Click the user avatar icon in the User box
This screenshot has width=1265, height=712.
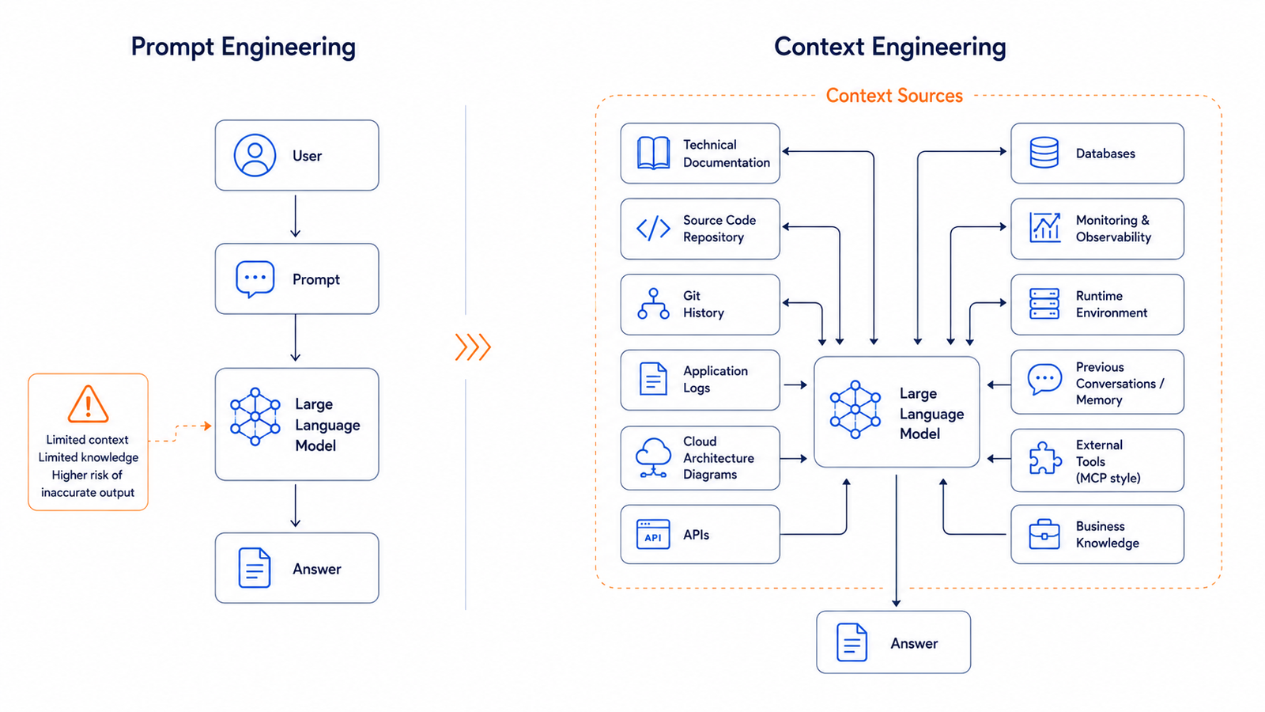(x=255, y=155)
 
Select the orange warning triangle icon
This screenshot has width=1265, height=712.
(x=88, y=404)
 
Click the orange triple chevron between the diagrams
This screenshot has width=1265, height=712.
(x=474, y=347)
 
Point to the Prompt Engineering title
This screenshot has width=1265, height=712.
(x=244, y=47)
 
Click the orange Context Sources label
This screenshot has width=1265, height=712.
(x=894, y=96)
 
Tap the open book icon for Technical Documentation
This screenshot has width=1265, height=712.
(x=653, y=153)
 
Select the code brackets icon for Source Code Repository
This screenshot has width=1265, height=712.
(x=653, y=229)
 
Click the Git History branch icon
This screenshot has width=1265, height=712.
(x=653, y=304)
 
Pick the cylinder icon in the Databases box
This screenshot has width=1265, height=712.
(x=1044, y=153)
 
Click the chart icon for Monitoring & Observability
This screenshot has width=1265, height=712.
(x=1044, y=228)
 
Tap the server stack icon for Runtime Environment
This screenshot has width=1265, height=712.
(x=1044, y=304)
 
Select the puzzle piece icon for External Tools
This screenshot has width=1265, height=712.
(x=1044, y=458)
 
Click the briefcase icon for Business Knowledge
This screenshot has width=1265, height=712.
(x=1044, y=534)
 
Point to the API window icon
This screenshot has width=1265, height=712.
(x=653, y=534)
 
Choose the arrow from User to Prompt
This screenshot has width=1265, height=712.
(x=296, y=217)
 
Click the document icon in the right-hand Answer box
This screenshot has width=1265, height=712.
(x=852, y=642)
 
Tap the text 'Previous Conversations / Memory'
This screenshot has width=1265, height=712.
(x=1120, y=383)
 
